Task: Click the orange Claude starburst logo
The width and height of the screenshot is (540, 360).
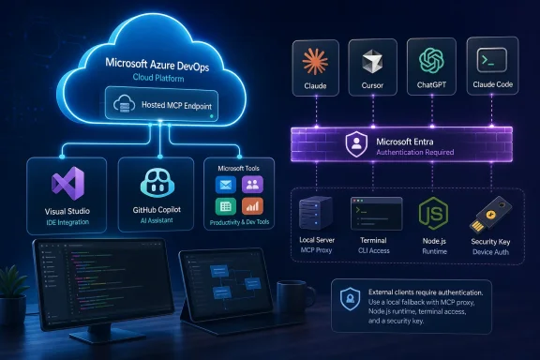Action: [x=315, y=62]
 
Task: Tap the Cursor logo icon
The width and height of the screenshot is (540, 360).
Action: [x=372, y=62]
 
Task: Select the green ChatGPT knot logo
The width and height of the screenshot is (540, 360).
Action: [x=431, y=61]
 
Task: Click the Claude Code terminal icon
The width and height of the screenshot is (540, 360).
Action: [x=492, y=60]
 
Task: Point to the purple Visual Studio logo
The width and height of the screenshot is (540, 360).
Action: [x=67, y=184]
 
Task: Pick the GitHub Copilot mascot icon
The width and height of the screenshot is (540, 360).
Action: [x=157, y=182]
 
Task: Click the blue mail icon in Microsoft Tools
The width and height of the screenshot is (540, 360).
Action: [x=226, y=185]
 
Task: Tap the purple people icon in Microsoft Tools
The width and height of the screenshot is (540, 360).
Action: [x=252, y=185]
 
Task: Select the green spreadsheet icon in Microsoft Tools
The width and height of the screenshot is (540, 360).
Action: [x=226, y=206]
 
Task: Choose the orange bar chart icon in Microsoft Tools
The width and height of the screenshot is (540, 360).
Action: [x=252, y=206]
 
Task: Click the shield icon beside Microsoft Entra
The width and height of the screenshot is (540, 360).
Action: [x=356, y=144]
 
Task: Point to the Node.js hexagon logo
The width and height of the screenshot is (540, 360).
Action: [x=433, y=214]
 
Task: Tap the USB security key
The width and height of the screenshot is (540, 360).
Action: [x=490, y=215]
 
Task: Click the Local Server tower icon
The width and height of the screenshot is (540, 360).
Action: [x=315, y=213]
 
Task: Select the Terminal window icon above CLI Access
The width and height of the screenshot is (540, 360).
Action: [x=376, y=214]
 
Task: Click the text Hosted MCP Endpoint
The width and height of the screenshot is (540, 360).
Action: [x=176, y=105]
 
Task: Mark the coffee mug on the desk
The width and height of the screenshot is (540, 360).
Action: [x=295, y=296]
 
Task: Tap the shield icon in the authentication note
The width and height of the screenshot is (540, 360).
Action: [x=351, y=299]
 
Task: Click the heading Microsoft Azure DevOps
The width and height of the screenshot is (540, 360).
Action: [x=157, y=65]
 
